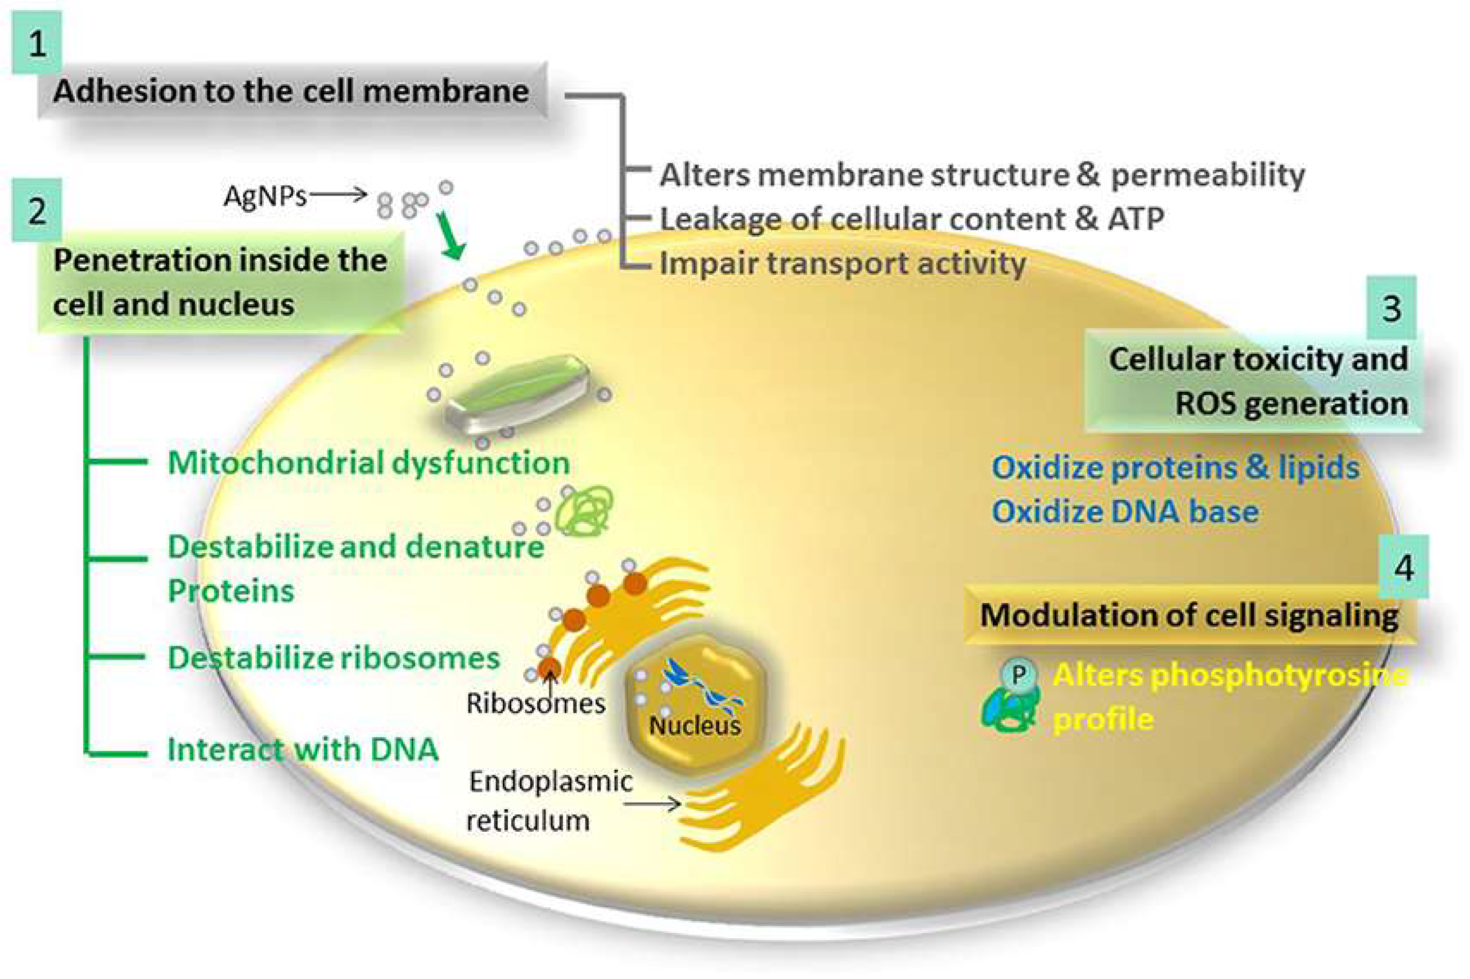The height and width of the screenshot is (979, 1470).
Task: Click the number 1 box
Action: pyautogui.click(x=37, y=43)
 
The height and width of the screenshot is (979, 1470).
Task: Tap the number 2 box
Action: pyautogui.click(x=37, y=210)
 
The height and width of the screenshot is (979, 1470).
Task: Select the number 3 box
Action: pyautogui.click(x=1391, y=308)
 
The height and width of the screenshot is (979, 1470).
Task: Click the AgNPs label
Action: pyautogui.click(x=265, y=196)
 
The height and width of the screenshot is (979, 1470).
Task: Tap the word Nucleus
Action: pyautogui.click(x=694, y=725)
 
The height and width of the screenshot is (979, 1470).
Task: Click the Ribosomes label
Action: pyautogui.click(x=535, y=703)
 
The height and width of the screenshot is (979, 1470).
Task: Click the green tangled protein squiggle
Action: pyautogui.click(x=585, y=511)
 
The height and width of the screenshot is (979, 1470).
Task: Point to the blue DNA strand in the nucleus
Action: pyautogui.click(x=700, y=684)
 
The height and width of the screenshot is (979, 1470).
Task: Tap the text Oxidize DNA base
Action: pyautogui.click(x=1124, y=512)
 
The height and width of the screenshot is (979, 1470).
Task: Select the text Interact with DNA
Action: pyautogui.click(x=302, y=749)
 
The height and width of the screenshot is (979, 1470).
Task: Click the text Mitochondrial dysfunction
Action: pyautogui.click(x=369, y=463)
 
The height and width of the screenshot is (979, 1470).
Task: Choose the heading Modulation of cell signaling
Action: pyautogui.click(x=1189, y=615)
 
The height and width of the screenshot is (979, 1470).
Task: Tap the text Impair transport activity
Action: pyautogui.click(x=842, y=263)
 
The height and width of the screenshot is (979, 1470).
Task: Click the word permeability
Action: pyautogui.click(x=1207, y=175)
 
